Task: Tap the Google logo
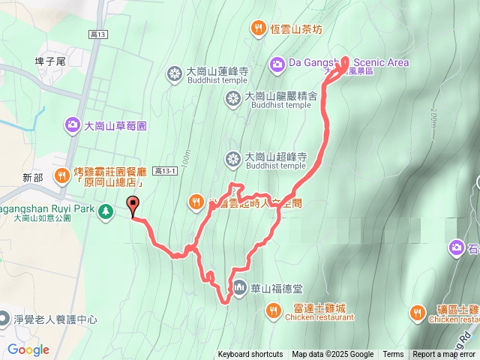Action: coord(28,349)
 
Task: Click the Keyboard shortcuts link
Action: coord(250,355)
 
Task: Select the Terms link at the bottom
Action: coord(393,355)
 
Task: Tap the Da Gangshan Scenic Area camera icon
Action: coord(277,63)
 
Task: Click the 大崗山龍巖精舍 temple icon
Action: coord(232,97)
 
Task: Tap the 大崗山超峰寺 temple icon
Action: coord(232,157)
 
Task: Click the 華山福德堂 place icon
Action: coord(239,286)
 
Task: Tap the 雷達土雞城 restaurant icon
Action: coord(274,308)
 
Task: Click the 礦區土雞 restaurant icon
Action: coord(418,311)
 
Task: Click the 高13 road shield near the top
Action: coord(98,34)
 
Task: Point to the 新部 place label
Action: coord(32,178)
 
